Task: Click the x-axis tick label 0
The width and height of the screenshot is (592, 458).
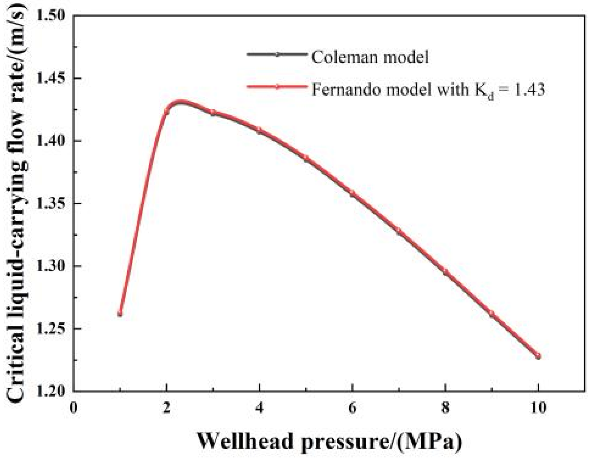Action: click(73, 407)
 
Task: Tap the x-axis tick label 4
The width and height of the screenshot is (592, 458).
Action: click(259, 407)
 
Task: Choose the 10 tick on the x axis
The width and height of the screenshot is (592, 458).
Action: click(538, 407)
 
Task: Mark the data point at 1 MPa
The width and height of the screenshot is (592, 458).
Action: click(120, 314)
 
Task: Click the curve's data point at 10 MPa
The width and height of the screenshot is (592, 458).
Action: click(538, 356)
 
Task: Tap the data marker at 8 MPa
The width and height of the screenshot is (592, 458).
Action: click(446, 272)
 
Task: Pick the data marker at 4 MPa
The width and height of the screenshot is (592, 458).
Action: click(259, 130)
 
